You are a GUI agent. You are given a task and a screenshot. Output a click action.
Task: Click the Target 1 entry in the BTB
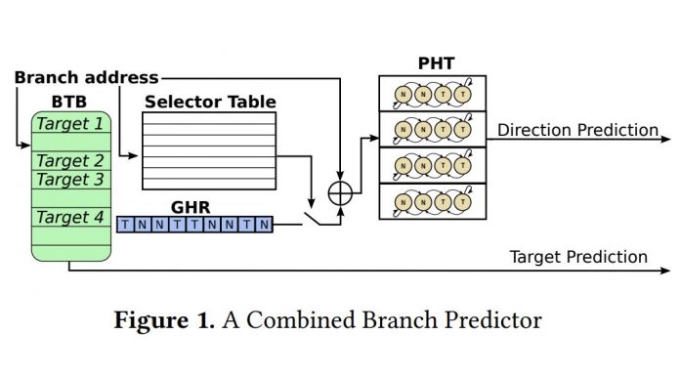click(70, 124)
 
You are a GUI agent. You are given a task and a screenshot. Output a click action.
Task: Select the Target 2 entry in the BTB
click(70, 161)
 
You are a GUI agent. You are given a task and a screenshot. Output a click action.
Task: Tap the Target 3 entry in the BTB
click(70, 180)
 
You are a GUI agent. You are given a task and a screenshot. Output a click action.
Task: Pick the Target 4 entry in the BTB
click(70, 217)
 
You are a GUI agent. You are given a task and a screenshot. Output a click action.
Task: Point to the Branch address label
click(86, 77)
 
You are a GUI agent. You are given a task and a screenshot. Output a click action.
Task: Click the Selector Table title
click(209, 102)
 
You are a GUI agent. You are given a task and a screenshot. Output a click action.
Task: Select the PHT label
click(431, 64)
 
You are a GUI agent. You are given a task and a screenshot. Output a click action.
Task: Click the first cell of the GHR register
click(124, 225)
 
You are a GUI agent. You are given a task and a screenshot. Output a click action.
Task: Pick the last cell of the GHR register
click(264, 225)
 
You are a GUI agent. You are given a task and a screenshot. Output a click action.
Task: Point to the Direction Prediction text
click(577, 130)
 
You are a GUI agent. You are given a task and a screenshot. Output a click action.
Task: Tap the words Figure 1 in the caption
click(162, 319)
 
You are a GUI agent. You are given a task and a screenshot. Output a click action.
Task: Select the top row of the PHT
click(431, 95)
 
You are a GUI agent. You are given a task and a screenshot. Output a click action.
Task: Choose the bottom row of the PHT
click(431, 201)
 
